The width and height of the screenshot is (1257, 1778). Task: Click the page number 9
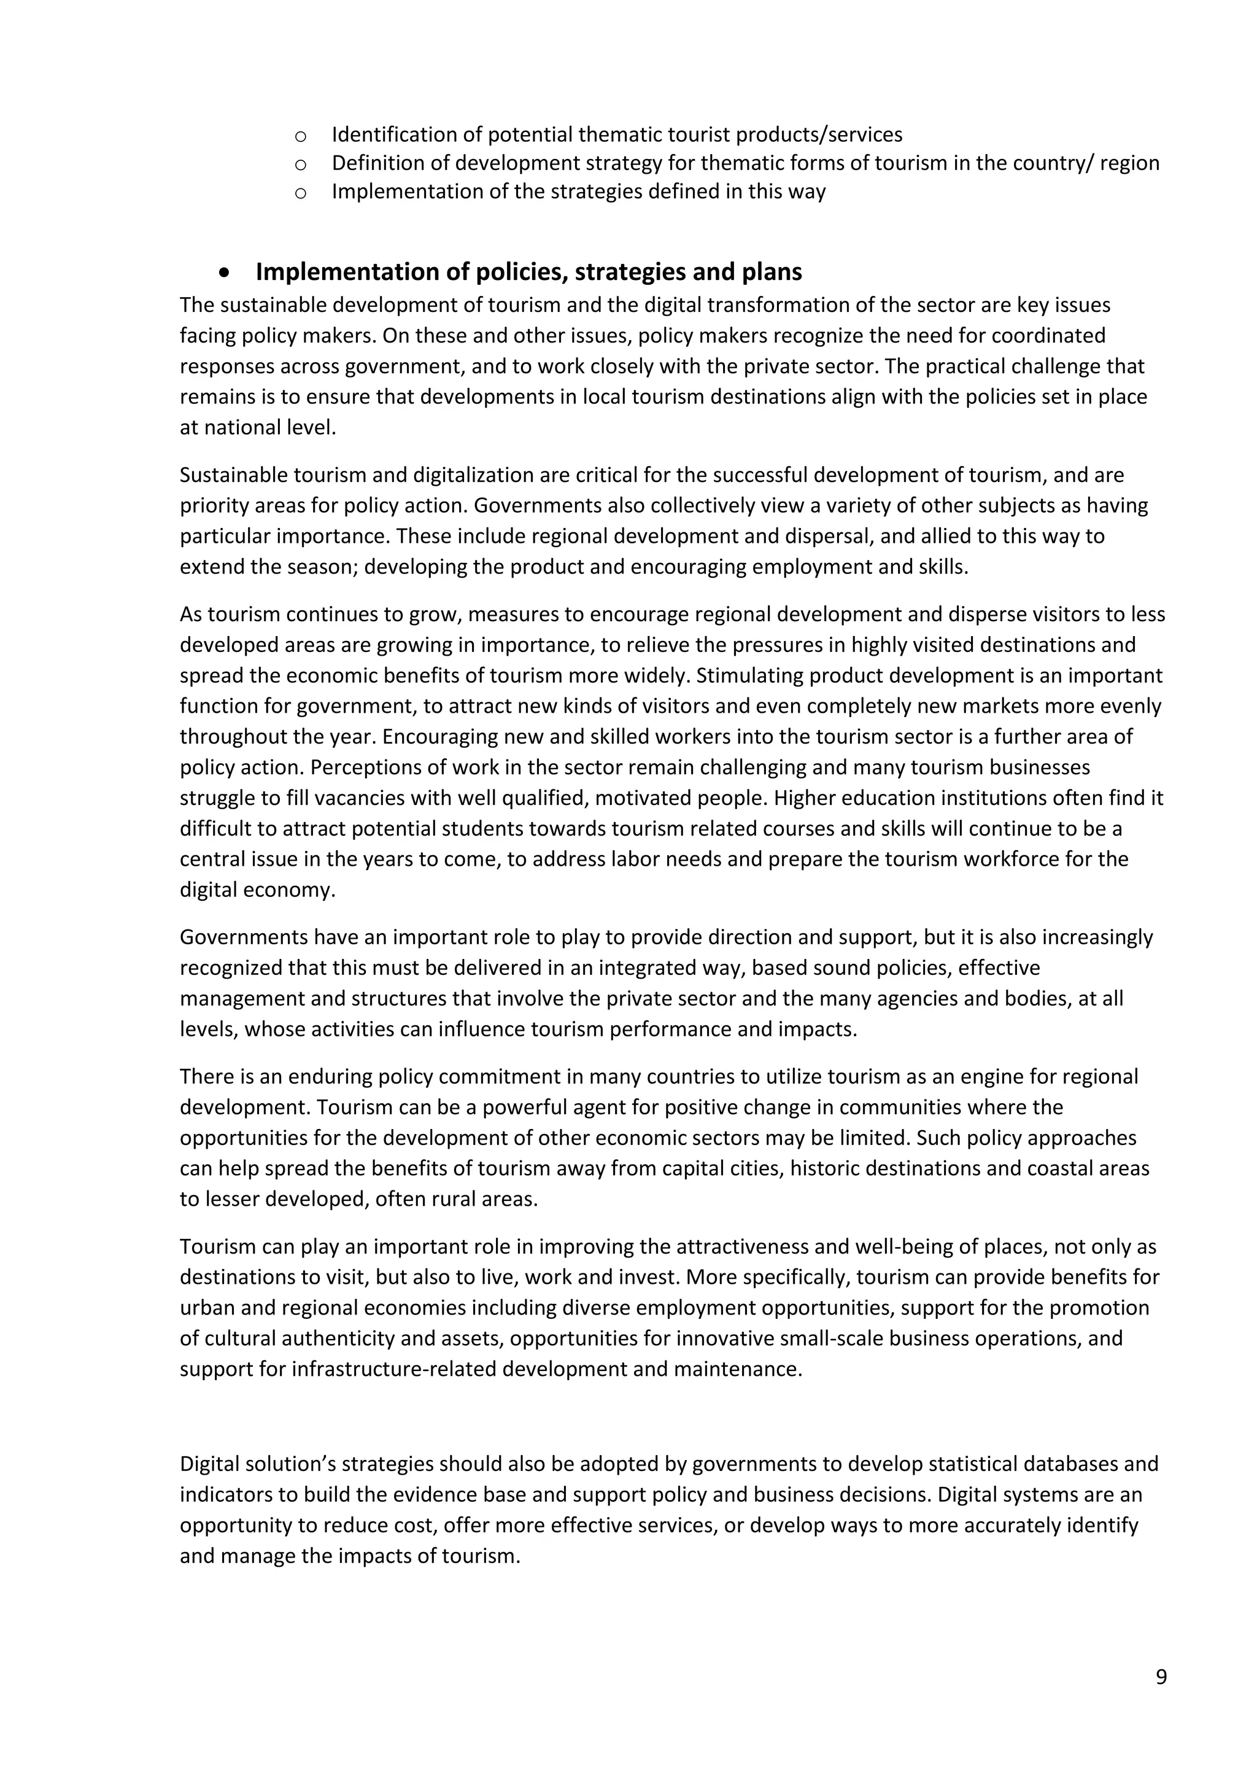tap(1160, 1677)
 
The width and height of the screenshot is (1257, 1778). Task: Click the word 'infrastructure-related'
tap(394, 1369)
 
